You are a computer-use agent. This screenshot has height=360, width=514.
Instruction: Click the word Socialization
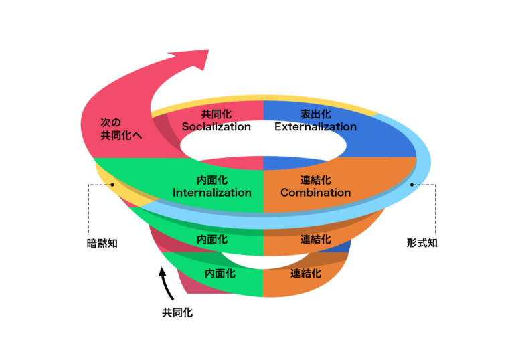[216, 126]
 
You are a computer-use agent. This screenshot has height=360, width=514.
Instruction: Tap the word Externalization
[315, 126]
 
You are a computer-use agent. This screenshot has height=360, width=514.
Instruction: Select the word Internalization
[212, 193]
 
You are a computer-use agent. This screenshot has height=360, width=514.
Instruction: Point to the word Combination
[315, 193]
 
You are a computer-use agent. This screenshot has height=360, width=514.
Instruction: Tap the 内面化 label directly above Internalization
[212, 180]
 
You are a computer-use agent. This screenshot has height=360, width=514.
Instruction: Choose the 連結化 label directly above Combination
[315, 180]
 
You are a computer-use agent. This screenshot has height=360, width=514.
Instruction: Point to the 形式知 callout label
[422, 243]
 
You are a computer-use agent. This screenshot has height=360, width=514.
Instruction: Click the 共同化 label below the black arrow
[177, 312]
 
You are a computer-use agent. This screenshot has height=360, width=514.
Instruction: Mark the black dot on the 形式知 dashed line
[412, 184]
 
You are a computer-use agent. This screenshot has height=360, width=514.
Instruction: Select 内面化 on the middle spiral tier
[212, 239]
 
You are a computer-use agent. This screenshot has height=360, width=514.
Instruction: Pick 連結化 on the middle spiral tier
[315, 239]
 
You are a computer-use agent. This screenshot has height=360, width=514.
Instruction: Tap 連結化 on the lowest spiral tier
[306, 273]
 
